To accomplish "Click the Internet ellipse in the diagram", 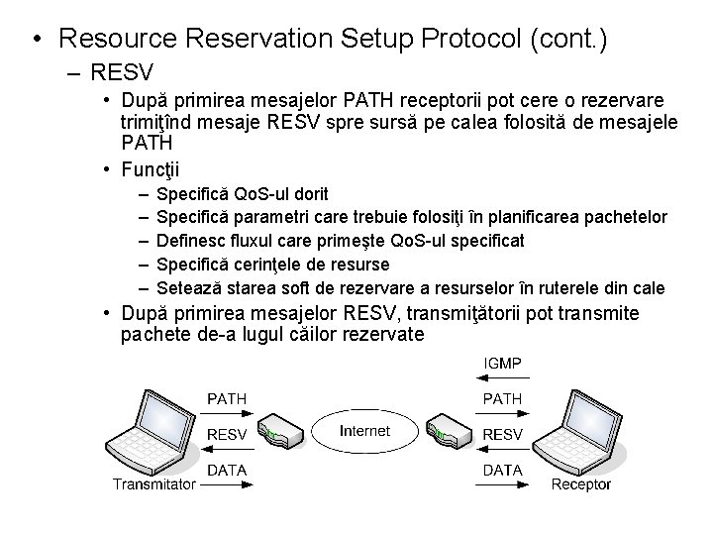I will point(364,432).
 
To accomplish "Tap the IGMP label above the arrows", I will point(502,365).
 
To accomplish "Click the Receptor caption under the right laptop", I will point(580,484).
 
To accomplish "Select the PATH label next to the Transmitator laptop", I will point(227,399).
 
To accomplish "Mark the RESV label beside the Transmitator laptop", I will point(227,434).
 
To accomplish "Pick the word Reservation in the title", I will point(256,39).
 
